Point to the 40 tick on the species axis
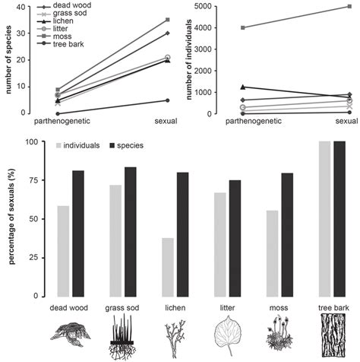pyautogui.click(x=27, y=6)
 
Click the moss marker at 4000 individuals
pyautogui.click(x=242, y=27)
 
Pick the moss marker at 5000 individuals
pyautogui.click(x=349, y=6)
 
